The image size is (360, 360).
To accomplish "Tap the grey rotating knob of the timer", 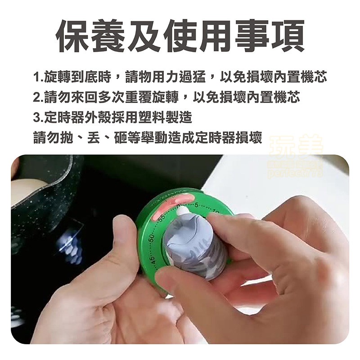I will tap(193, 245).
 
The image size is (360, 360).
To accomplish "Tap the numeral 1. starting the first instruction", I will tap(38, 77).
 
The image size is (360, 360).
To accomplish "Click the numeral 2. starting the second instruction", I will tap(38, 97).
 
